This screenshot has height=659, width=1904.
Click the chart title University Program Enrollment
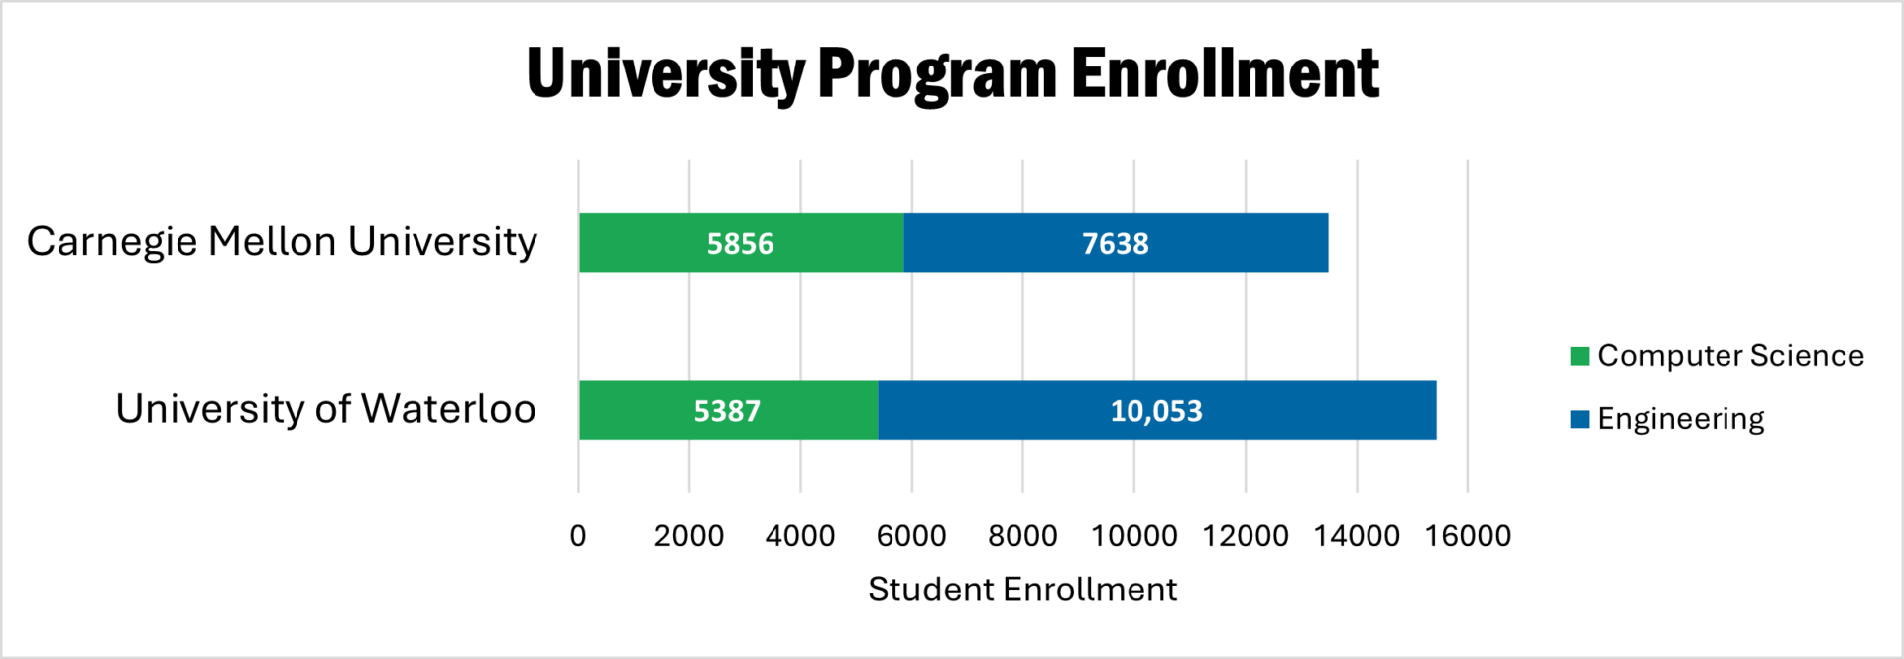[x=952, y=74]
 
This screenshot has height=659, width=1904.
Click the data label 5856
[x=740, y=244]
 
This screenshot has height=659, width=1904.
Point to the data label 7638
[x=1115, y=244]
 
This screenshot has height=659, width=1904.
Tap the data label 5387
[x=727, y=411]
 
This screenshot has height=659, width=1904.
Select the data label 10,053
[x=1156, y=411]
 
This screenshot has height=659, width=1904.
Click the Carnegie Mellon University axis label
[x=282, y=242]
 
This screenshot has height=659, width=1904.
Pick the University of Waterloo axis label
[x=325, y=409]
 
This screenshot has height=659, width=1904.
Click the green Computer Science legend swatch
[x=1580, y=356]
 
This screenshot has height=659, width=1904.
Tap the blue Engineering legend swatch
[x=1580, y=419]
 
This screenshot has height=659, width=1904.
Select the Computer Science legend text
[x=1730, y=356]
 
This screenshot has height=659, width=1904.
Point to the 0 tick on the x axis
[x=578, y=536]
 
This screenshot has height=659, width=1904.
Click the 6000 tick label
[x=911, y=536]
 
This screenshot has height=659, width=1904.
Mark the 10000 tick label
[x=1133, y=536]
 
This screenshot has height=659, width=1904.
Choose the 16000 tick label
[x=1468, y=536]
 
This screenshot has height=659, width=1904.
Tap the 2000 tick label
[x=689, y=536]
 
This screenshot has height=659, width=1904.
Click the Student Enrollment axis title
[x=1022, y=590]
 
